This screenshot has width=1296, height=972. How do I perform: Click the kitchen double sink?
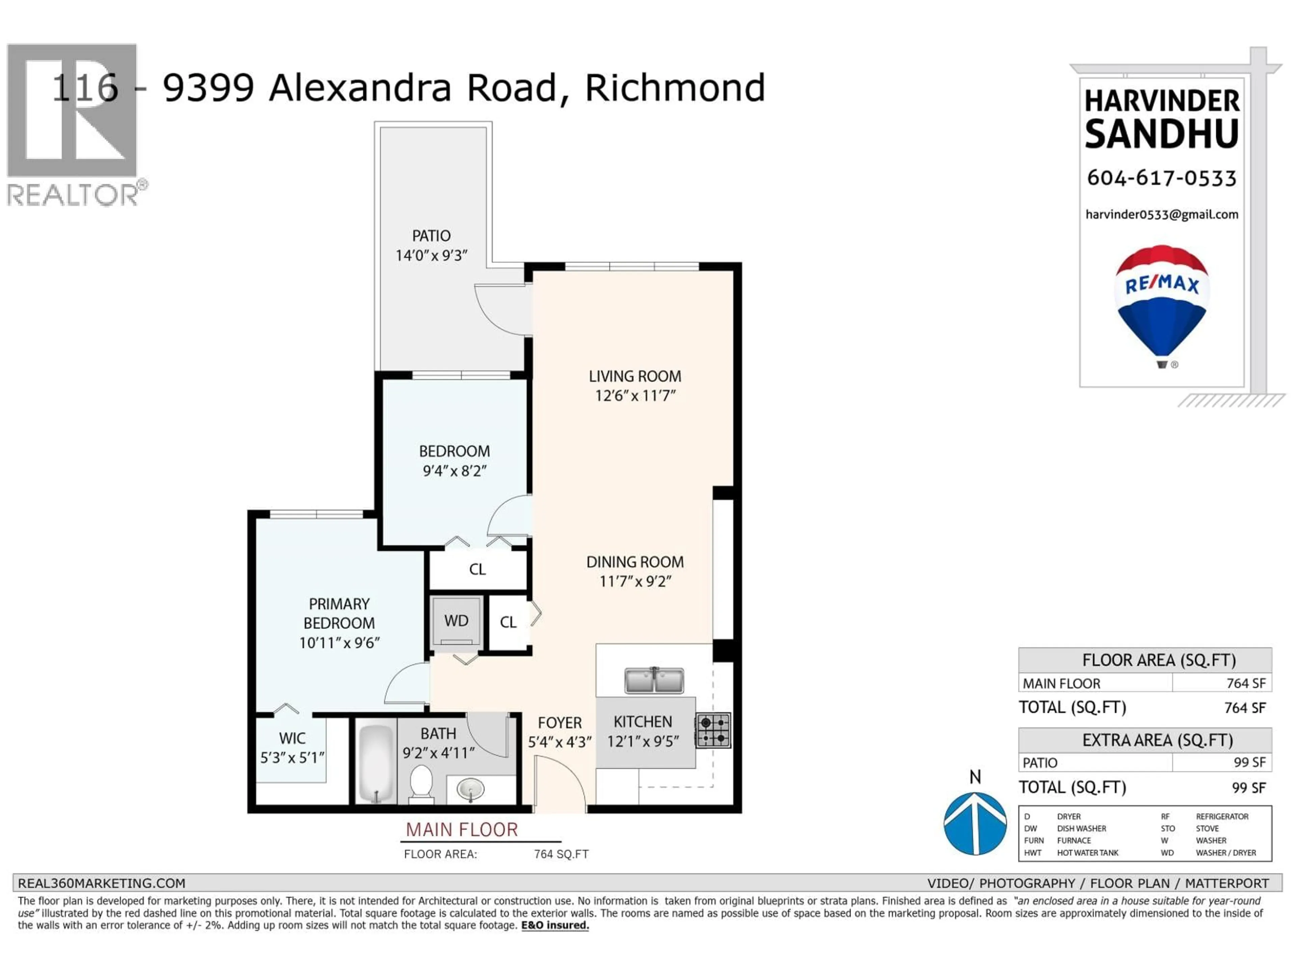(x=653, y=680)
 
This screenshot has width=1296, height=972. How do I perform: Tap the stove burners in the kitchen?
(x=713, y=730)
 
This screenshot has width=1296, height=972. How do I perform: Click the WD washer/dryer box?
(x=456, y=621)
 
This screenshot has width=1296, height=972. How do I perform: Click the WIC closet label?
(x=292, y=738)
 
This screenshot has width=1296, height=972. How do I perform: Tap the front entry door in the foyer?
(x=560, y=782)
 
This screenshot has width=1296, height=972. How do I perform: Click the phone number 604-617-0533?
(x=1161, y=178)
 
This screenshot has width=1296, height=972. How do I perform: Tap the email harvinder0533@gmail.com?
(x=1161, y=214)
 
